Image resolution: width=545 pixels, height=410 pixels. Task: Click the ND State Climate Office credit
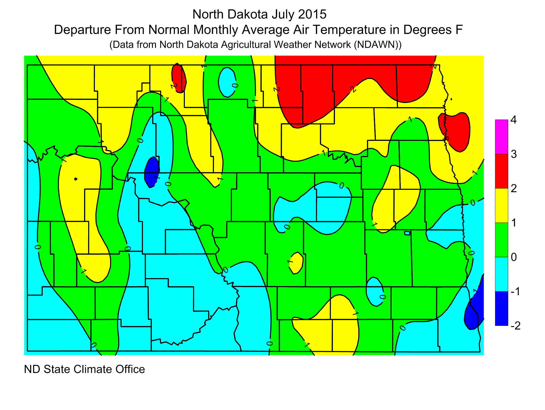[84, 369]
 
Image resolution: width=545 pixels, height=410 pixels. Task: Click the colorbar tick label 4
[513, 120]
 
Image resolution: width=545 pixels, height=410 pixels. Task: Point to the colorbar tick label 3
[513, 154]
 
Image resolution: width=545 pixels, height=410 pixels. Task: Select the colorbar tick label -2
[515, 326]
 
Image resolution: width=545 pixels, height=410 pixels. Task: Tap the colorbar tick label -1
[515, 292]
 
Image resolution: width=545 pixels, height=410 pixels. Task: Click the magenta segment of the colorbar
[501, 137]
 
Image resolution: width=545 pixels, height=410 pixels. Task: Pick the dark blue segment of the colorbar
[501, 309]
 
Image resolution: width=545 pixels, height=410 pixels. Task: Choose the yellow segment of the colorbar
[501, 206]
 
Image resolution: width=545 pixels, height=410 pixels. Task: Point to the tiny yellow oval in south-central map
[297, 263]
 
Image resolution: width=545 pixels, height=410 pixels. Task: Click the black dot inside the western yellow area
[75, 179]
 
